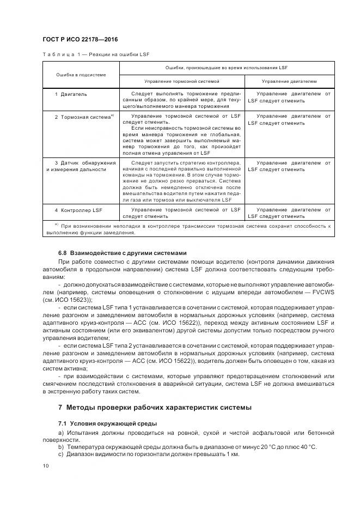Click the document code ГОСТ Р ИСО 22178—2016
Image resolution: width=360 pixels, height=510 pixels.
(x=80, y=40)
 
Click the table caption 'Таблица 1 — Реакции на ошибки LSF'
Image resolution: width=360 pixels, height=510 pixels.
(x=95, y=54)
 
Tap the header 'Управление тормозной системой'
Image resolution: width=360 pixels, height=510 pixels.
(x=182, y=81)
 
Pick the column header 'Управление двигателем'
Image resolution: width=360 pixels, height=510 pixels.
(x=289, y=81)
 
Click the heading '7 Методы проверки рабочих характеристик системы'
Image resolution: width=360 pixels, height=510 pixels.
(x=155, y=408)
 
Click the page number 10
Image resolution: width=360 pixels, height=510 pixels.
(x=46, y=465)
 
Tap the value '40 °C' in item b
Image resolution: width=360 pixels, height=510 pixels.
(x=306, y=447)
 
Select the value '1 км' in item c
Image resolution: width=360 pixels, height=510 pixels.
(x=231, y=454)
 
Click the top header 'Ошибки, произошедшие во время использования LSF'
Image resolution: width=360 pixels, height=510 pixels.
(x=227, y=67)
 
